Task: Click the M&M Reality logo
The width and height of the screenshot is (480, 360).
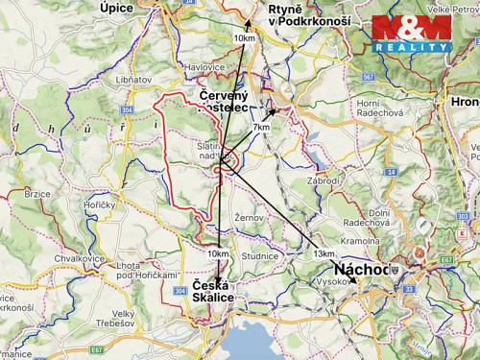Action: click(411, 34)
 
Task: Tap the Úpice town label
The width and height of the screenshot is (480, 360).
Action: click(116, 8)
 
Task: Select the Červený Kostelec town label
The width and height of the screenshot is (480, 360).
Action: click(225, 105)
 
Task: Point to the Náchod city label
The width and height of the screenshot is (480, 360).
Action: click(363, 270)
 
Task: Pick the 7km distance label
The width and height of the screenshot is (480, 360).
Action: click(261, 128)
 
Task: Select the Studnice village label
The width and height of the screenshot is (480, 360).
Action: click(259, 256)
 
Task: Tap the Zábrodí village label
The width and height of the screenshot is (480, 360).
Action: click(324, 180)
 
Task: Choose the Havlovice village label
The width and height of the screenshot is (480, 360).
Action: click(204, 66)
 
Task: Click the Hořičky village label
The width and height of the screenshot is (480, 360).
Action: click(99, 205)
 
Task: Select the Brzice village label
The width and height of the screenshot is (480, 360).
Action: click(37, 193)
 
